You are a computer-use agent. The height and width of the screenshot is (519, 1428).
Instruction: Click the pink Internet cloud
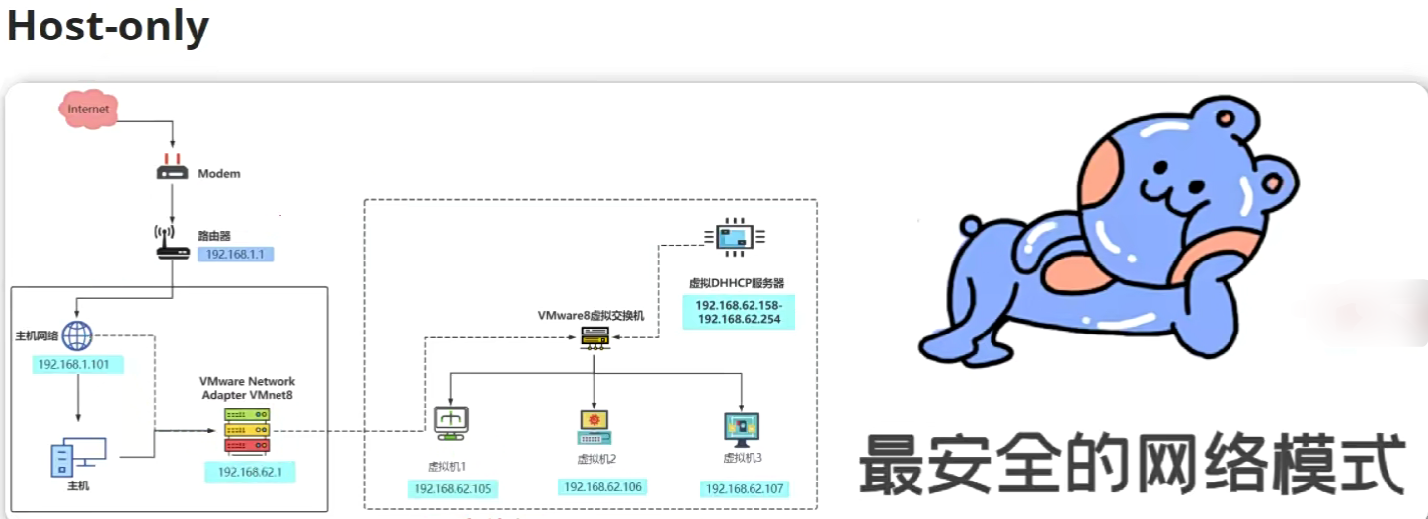point(88,109)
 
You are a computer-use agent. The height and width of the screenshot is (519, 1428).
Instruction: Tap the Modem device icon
point(172,171)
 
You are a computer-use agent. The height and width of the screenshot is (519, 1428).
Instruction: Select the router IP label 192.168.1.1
point(236,254)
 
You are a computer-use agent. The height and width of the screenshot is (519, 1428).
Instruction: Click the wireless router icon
point(172,243)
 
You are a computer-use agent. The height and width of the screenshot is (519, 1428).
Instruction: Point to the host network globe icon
point(77,336)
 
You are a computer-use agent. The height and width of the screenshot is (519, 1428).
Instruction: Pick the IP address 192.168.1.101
point(78,365)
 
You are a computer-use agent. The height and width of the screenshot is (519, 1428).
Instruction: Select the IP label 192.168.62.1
point(250,472)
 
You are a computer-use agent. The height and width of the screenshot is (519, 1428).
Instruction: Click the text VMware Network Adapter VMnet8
point(247,388)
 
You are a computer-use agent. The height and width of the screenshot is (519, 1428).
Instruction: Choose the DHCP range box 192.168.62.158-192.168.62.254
point(739,311)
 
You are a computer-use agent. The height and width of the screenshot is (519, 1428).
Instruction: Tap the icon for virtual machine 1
point(451,422)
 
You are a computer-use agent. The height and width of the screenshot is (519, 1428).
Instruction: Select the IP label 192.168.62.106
point(601,486)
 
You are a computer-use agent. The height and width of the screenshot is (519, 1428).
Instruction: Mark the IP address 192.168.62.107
point(745,488)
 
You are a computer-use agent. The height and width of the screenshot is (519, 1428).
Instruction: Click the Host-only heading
point(108,27)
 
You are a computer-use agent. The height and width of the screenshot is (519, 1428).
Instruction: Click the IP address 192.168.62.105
point(452,488)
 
